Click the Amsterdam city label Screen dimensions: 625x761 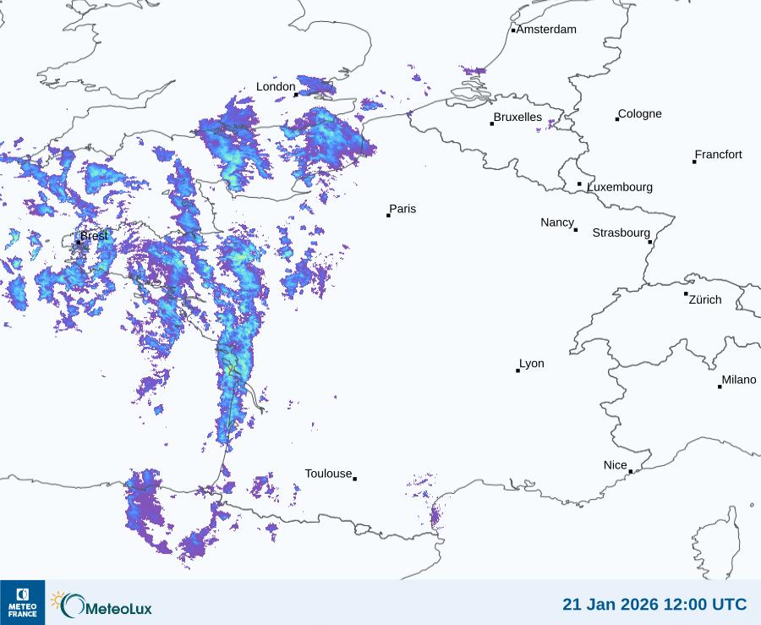point(546,30)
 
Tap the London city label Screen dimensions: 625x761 point(276,86)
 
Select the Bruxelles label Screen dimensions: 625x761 point(517,118)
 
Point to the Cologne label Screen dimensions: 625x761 point(640,114)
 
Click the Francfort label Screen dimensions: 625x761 point(719,155)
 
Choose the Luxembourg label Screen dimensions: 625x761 point(620,187)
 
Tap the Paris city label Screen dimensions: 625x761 point(402,209)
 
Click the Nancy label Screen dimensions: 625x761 point(557,222)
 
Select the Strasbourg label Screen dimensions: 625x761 point(621,233)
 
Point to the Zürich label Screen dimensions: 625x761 point(705,299)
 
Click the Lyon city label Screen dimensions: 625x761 point(532,364)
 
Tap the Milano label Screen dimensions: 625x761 point(739,380)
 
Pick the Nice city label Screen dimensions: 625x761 point(616,465)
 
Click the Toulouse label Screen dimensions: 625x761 point(328,474)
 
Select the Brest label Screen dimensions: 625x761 point(95,236)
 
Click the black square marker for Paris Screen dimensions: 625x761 point(388,215)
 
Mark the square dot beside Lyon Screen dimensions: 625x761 point(517,370)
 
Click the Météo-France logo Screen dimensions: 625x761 point(22,602)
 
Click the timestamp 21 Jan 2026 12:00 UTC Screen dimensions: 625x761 point(654,604)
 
